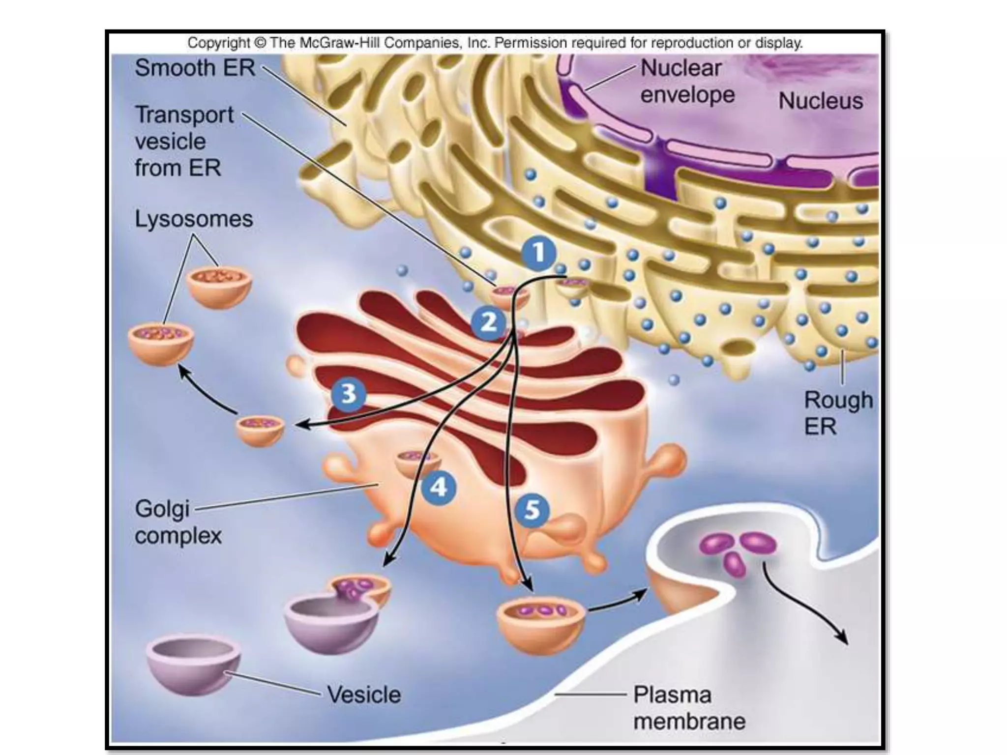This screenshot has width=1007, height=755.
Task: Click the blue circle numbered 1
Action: [x=539, y=254]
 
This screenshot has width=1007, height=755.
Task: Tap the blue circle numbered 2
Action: [x=488, y=323]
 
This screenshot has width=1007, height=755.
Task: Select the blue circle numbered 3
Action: [x=349, y=394]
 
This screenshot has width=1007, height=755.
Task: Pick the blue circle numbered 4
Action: [x=439, y=488]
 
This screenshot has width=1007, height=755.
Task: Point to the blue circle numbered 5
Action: [x=532, y=510]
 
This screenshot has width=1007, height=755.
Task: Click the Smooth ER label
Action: [x=195, y=68]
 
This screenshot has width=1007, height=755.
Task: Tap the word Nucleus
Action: [x=820, y=101]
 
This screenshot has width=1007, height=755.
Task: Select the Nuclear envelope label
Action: [x=687, y=81]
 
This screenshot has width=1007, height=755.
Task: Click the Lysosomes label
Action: [x=194, y=219]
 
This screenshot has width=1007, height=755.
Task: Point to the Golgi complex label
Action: [x=178, y=522]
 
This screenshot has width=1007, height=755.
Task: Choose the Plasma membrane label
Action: [x=689, y=708]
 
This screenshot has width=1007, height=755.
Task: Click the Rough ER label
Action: [x=838, y=413]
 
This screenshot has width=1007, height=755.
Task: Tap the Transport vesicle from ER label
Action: [x=184, y=141]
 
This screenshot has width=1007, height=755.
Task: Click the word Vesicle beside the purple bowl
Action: [x=364, y=695]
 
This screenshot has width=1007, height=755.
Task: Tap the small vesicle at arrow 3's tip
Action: [x=260, y=429]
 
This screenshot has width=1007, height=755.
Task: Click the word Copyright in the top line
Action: [x=219, y=43]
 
